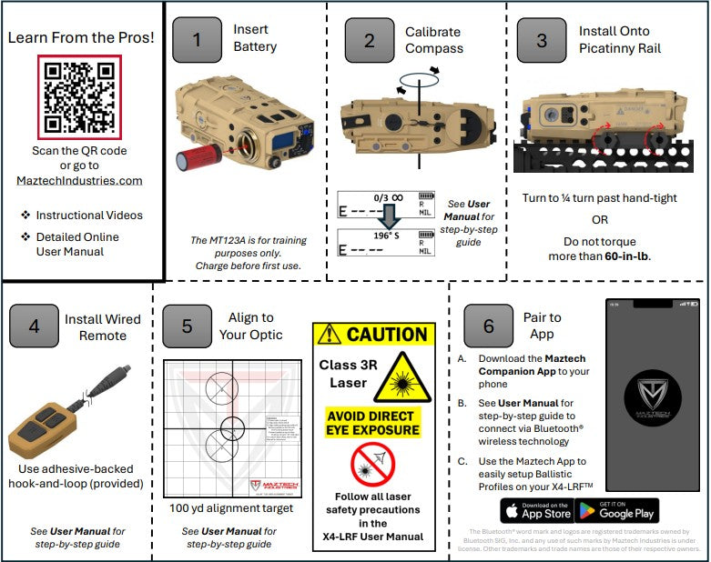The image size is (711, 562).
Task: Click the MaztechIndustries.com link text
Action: click(79, 180)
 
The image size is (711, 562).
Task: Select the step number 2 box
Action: click(369, 40)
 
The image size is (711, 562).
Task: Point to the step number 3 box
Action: click(541, 40)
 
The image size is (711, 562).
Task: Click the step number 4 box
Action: click(34, 326)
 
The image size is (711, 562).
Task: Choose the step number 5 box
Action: click(188, 326)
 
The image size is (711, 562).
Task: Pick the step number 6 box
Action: click(489, 326)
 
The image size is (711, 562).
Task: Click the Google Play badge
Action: click(618, 509)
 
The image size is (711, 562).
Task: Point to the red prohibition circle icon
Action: click(372, 464)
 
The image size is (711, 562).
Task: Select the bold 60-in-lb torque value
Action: click(628, 256)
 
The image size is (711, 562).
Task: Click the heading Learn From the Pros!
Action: click(80, 37)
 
